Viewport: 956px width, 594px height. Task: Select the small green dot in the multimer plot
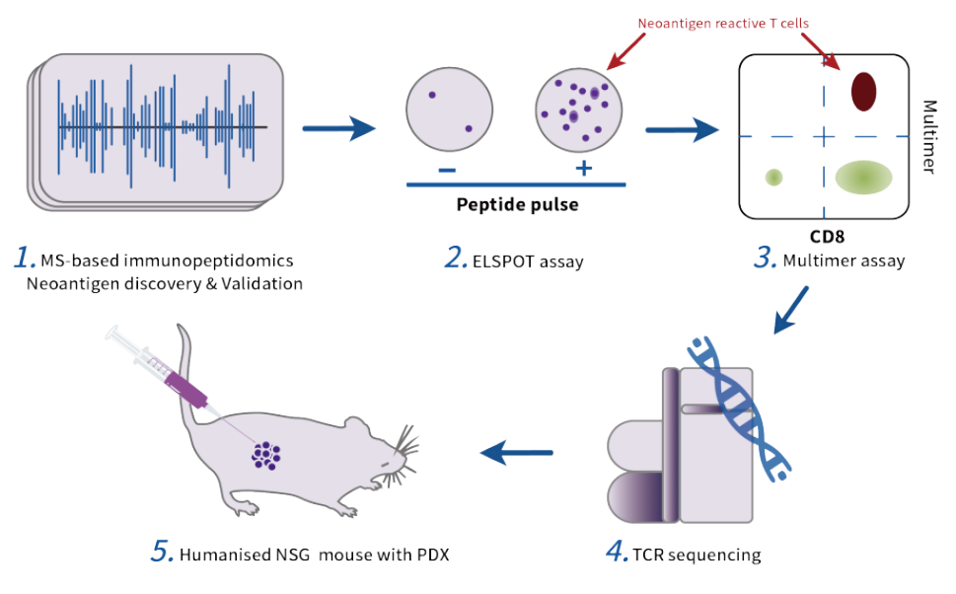click(774, 178)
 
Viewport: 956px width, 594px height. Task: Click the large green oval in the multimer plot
click(863, 177)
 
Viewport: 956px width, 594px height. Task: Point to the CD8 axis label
click(823, 237)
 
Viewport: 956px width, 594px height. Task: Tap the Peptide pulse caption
click(515, 205)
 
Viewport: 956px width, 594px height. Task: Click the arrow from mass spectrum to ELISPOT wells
click(340, 127)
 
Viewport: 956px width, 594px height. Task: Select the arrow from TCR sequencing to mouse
click(520, 453)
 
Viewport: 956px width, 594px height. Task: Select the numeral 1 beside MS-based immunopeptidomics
click(24, 259)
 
